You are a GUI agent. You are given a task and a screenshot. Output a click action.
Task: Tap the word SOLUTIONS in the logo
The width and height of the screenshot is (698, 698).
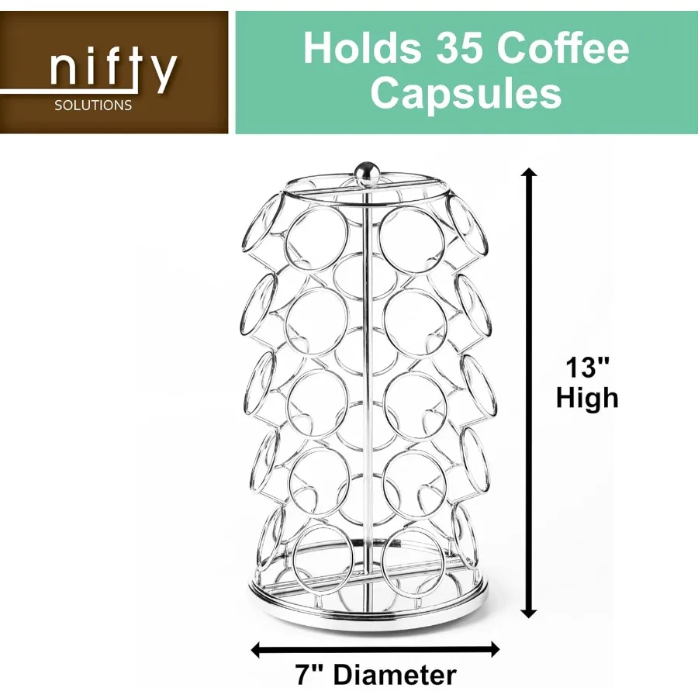pyautogui.click(x=93, y=105)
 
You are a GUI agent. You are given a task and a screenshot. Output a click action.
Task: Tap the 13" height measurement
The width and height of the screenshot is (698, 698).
pyautogui.click(x=586, y=367)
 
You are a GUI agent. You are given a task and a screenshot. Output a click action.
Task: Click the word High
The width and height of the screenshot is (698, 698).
pyautogui.click(x=587, y=399)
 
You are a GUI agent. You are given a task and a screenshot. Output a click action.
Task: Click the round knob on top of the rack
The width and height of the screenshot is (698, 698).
pyautogui.click(x=364, y=168)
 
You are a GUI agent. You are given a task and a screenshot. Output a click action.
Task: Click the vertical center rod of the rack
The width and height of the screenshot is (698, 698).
pyautogui.click(x=365, y=388)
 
